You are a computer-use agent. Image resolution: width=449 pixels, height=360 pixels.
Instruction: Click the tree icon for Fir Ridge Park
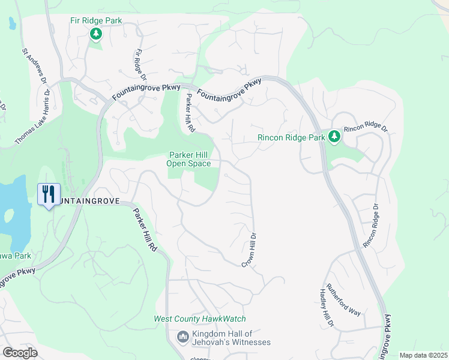pyautogui.click(x=96, y=34)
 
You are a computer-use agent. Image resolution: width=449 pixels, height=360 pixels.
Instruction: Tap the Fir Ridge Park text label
pyautogui.click(x=96, y=21)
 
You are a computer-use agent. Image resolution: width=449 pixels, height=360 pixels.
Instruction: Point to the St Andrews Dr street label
pyautogui.click(x=35, y=65)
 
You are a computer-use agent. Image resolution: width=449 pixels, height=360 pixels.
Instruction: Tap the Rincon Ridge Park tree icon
pyautogui.click(x=334, y=137)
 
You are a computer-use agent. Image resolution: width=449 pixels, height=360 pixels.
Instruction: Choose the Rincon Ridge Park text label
pyautogui.click(x=291, y=137)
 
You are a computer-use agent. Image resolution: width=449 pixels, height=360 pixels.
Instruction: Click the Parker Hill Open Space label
pyautogui.click(x=189, y=159)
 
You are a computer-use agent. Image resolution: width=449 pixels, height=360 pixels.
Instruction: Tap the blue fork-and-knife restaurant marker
pyautogui.click(x=49, y=194)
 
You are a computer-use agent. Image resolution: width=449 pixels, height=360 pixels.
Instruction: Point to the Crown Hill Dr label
pyautogui.click(x=250, y=250)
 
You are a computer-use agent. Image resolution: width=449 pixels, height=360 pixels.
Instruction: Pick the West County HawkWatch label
pyautogui.click(x=200, y=319)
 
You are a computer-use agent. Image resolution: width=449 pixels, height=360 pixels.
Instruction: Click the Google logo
pyautogui.click(x=19, y=353)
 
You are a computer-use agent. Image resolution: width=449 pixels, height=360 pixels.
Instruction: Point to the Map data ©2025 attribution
pyautogui.click(x=423, y=355)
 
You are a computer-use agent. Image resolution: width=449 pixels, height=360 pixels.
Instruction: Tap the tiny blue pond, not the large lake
pyautogui.click(x=11, y=23)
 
